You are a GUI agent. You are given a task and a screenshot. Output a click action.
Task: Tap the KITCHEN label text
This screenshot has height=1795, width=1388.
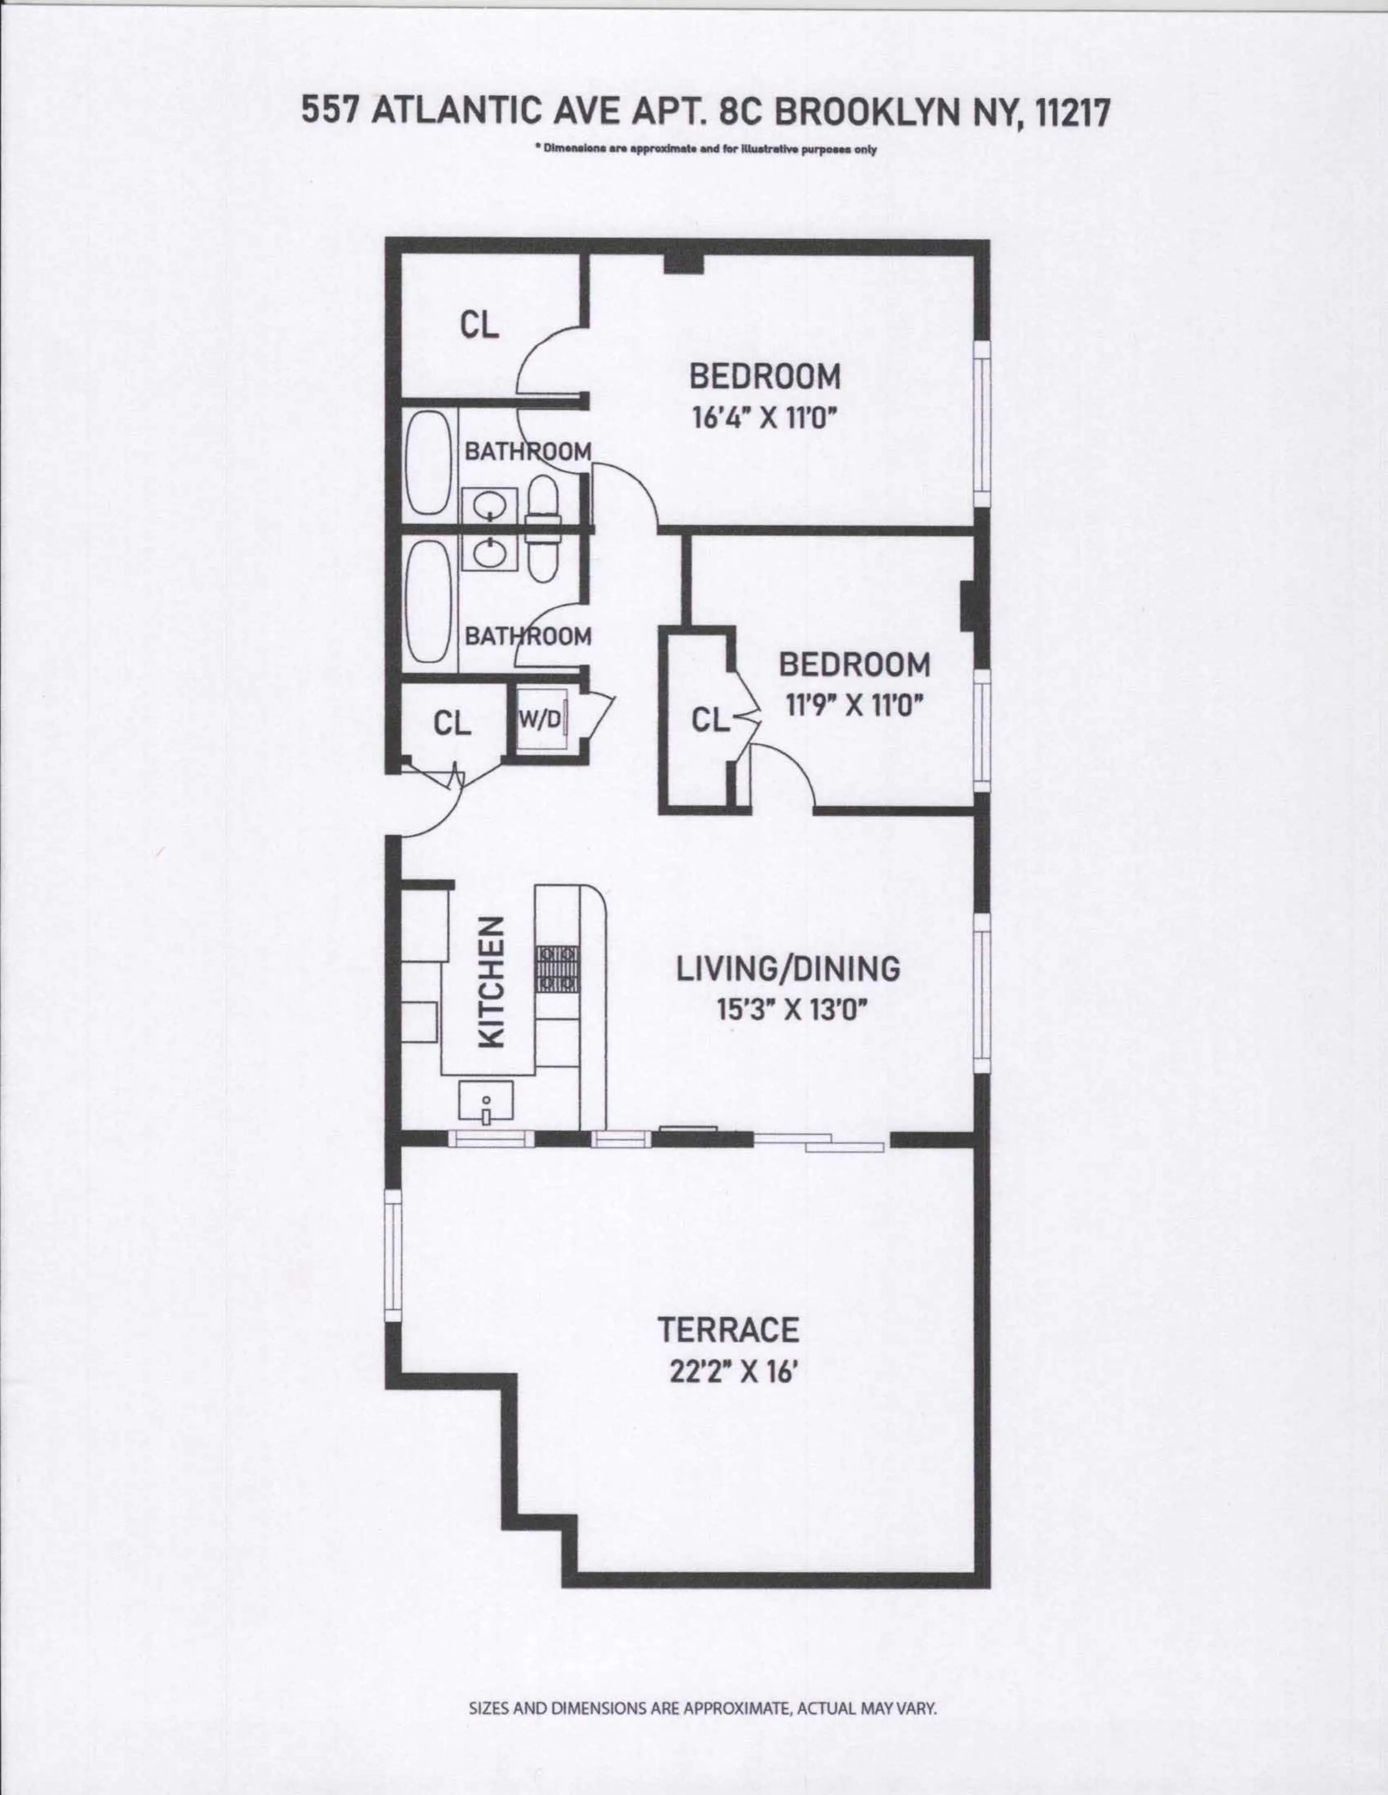[x=491, y=982]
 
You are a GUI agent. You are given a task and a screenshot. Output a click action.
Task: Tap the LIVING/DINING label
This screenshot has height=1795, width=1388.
[x=788, y=969]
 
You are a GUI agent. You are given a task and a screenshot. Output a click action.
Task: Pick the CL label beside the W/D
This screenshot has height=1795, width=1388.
[x=452, y=723]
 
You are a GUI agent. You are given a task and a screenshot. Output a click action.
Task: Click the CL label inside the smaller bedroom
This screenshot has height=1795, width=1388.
[x=710, y=721]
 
